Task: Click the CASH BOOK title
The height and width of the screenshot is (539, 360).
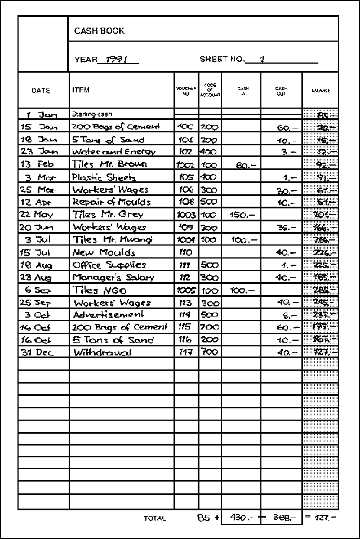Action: [x=100, y=31]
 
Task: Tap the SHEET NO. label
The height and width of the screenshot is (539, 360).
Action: [x=222, y=59]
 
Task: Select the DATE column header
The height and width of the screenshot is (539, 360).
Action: [x=41, y=90]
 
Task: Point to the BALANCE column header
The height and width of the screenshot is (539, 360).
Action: [x=321, y=91]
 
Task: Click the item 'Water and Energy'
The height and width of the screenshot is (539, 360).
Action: [x=113, y=152]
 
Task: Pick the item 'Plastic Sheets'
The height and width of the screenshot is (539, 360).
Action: [x=104, y=177]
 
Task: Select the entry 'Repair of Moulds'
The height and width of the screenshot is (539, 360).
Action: [x=112, y=202]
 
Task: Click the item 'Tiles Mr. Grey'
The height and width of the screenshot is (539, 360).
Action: [x=108, y=215]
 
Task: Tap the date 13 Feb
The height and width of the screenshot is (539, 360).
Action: [x=37, y=164]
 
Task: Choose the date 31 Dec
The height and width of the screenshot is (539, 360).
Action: [x=38, y=353]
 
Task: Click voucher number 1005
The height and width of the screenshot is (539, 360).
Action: [x=186, y=290]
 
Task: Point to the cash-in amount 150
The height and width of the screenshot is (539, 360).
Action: [x=242, y=215]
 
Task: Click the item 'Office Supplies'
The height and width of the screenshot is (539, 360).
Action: [x=109, y=265]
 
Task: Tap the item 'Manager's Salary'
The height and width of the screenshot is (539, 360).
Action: [x=112, y=277]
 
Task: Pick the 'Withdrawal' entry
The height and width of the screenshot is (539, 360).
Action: [x=103, y=353]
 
